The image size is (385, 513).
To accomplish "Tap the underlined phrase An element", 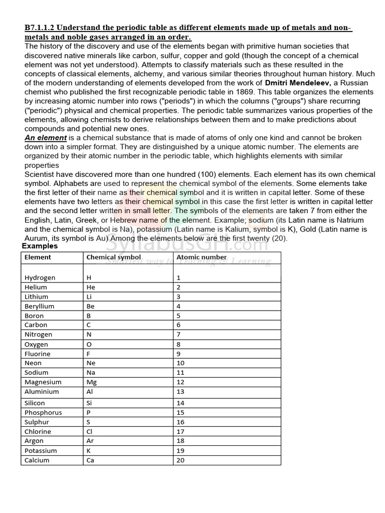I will [46, 138].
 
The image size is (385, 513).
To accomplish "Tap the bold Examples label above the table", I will [40, 246].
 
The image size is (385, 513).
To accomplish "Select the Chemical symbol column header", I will [114, 258].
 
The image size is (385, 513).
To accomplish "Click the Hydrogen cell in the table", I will [40, 278].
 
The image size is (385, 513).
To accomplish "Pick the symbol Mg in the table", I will [92, 382].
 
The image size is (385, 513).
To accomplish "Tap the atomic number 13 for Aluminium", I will [180, 392].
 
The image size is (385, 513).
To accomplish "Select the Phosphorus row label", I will [43, 413].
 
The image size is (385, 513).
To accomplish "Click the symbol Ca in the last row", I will [91, 460].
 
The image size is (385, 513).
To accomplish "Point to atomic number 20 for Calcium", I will [180, 460].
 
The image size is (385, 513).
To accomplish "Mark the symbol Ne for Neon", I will [91, 363].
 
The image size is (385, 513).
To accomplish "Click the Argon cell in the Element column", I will [34, 441].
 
